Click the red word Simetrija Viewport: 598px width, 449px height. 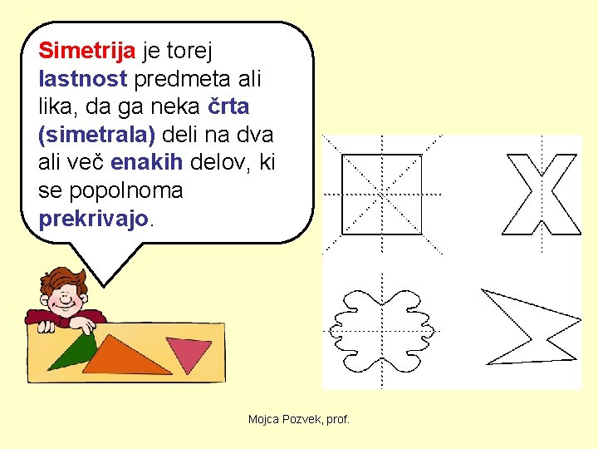click(x=87, y=52)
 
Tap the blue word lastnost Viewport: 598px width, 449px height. click(x=82, y=80)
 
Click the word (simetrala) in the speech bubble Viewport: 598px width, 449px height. click(x=96, y=135)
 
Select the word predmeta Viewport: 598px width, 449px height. click(x=179, y=80)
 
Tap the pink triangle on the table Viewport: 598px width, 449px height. click(x=188, y=353)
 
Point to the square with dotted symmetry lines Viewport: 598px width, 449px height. click(x=381, y=194)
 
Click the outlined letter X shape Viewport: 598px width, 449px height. click(x=543, y=194)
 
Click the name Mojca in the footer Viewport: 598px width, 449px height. click(x=265, y=420)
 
